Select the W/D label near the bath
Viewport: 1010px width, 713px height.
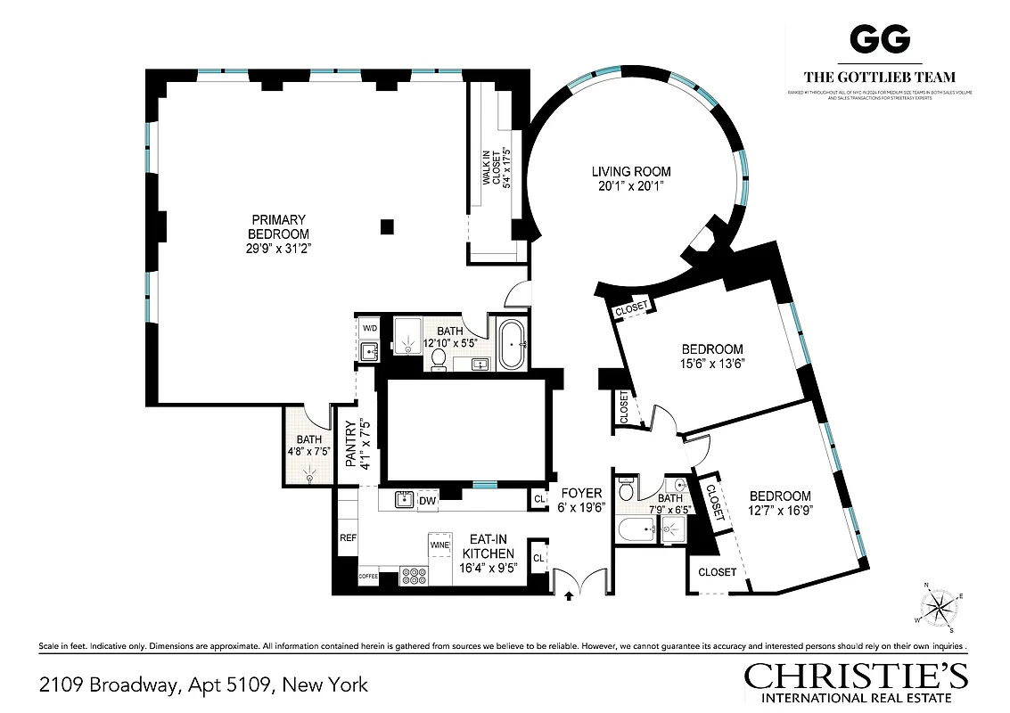[369, 329]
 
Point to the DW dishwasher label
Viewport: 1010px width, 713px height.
[426, 501]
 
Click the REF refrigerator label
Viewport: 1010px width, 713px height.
[348, 538]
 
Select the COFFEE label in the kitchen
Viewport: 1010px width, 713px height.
[368, 577]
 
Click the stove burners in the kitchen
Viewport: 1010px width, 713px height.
[415, 576]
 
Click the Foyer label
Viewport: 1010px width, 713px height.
[581, 493]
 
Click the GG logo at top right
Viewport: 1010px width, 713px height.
[879, 38]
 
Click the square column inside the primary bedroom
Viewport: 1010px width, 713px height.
[386, 226]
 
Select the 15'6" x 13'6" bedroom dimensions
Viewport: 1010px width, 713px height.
[712, 363]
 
